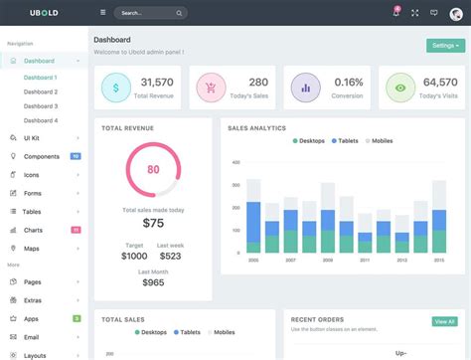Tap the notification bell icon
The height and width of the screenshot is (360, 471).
(395, 13)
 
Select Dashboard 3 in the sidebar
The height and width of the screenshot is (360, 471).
(41, 105)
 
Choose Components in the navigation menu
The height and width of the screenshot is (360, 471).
(41, 156)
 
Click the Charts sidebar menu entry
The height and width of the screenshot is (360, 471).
(33, 230)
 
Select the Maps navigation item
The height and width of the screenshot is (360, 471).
(32, 248)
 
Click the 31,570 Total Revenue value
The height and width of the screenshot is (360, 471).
(157, 83)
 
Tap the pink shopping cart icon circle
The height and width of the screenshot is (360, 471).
(210, 88)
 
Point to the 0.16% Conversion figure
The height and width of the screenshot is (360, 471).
(348, 83)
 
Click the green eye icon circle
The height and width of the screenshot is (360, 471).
(400, 88)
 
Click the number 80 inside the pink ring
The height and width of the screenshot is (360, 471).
(152, 170)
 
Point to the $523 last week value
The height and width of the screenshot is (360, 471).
(170, 256)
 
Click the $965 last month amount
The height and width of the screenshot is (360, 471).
(152, 282)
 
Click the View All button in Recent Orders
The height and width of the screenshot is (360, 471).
(444, 321)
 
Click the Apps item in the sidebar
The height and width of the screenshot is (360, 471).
(31, 318)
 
